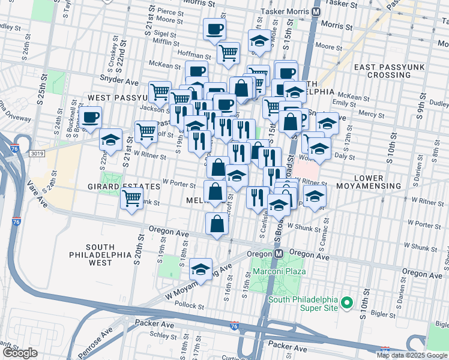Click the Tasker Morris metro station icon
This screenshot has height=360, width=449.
tap(316, 12)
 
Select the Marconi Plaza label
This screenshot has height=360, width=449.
tap(279, 271)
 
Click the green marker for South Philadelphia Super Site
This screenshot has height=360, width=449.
tap(346, 303)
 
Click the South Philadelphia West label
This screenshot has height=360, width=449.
tap(100, 255)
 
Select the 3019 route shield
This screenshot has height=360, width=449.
tap(35, 154)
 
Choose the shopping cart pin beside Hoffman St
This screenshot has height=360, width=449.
tap(228, 53)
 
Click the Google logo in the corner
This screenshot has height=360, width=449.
tap(20, 353)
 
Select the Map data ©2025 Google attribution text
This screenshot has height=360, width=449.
tap(412, 355)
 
